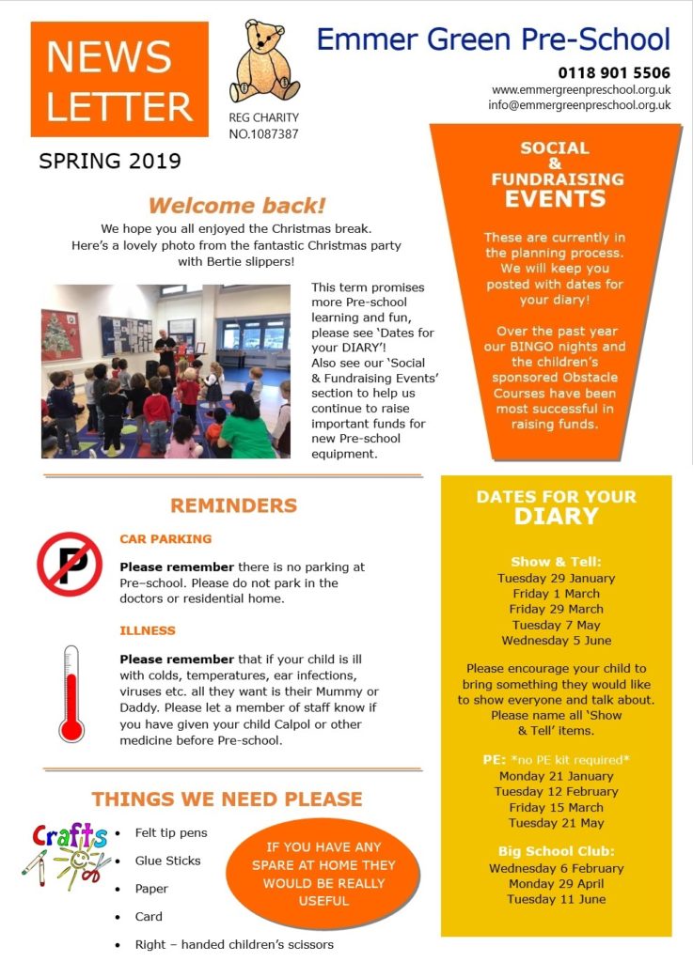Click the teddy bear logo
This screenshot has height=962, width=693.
(264, 62)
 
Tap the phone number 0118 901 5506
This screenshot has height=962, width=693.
(614, 72)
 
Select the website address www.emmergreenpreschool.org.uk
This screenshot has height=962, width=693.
(580, 89)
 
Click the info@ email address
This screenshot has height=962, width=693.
(579, 105)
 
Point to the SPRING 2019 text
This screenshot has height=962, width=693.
(110, 161)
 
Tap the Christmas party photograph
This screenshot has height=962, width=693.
(165, 370)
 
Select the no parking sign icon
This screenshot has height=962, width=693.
(69, 564)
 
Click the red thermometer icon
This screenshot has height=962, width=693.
(71, 694)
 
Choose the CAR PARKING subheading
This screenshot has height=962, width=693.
(165, 539)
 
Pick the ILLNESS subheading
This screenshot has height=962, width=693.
(148, 630)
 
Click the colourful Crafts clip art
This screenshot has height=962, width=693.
(67, 854)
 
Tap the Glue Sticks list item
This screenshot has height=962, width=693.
(168, 861)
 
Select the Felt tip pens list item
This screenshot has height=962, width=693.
(171, 832)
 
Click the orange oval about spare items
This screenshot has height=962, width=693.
(324, 873)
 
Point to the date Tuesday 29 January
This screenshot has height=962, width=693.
(556, 579)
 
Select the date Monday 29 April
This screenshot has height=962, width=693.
(556, 884)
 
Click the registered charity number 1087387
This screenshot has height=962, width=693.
(264, 134)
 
